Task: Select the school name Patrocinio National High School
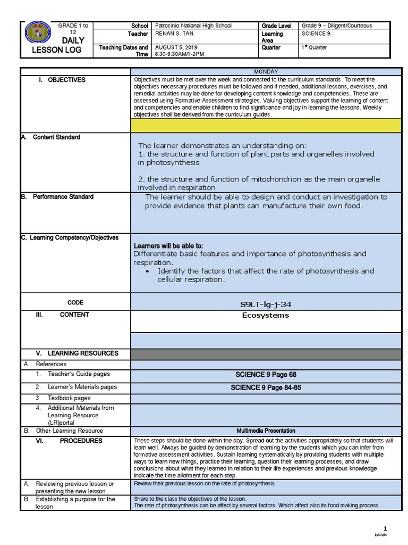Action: (193, 26)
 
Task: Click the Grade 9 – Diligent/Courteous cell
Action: (337, 26)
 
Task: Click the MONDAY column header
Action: (266, 72)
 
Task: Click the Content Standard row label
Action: (56, 137)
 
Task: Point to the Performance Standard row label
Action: (64, 197)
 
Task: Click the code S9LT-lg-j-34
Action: (266, 304)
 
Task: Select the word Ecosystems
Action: (266, 315)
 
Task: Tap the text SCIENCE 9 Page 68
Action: (266, 375)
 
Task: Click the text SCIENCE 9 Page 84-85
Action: (266, 387)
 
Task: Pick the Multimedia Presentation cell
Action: (266, 431)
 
